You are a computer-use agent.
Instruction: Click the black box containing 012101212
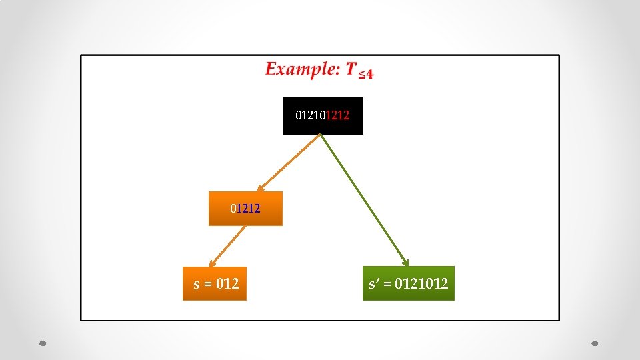tap(323, 115)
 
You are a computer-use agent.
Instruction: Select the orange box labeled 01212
tap(245, 209)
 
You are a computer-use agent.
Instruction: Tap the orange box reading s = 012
tap(215, 283)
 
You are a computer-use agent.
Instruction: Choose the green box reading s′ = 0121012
tap(408, 283)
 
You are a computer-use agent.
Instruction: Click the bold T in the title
tap(351, 69)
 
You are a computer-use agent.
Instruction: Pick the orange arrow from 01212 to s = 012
tap(227, 245)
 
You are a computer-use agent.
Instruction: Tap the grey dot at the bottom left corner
tap(42, 343)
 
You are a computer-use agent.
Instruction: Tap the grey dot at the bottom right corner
tap(595, 343)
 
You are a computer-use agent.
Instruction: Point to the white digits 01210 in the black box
tap(311, 115)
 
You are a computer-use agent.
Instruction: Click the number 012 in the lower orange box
tap(227, 283)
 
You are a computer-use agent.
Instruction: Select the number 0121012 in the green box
tap(421, 284)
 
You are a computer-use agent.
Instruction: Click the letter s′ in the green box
tap(374, 284)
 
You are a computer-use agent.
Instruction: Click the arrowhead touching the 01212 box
tap(261, 189)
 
